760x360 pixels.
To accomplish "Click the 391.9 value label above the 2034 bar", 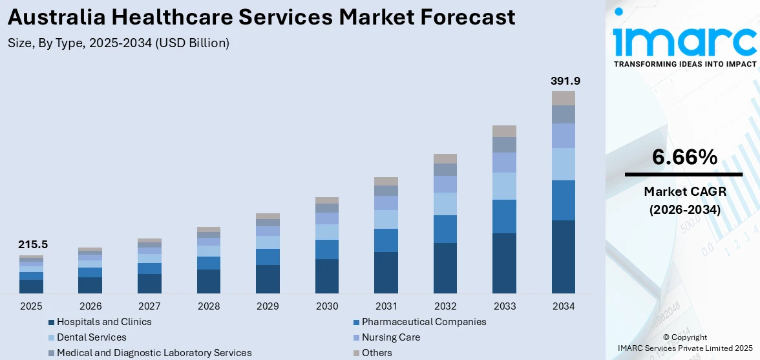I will click(565, 81).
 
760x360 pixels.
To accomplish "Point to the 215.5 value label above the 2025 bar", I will click(33, 245).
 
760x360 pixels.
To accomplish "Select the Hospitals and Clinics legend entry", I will click(103, 322).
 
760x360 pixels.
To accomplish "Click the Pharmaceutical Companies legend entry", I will click(423, 322).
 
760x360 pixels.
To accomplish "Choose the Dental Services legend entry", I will click(91, 337).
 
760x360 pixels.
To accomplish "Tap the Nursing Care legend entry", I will click(390, 337).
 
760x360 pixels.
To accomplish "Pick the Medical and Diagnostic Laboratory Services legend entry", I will click(154, 353).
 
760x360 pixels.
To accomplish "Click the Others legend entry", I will click(376, 353).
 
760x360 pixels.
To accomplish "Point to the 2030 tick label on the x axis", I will click(327, 306).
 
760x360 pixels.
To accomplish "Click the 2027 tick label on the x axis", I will click(149, 306).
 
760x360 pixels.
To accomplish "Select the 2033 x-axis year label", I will click(504, 306).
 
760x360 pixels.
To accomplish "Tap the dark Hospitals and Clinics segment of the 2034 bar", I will click(564, 257).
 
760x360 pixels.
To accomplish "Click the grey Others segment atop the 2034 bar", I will click(564, 98).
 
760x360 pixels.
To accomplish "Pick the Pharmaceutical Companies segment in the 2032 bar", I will click(445, 229).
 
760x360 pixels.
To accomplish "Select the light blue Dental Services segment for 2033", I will click(504, 186).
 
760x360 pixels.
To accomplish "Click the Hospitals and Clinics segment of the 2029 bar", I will click(268, 279).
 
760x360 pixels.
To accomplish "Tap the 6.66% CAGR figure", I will click(684, 157).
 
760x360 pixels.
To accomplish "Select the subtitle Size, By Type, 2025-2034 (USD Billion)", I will click(119, 43).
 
